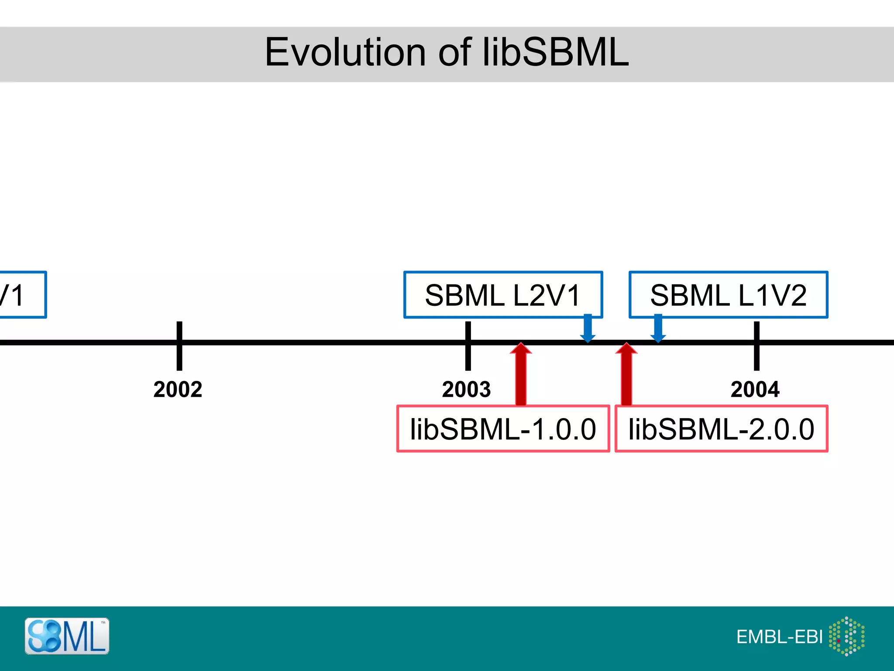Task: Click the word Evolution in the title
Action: tap(344, 52)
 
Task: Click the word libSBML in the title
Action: tap(555, 52)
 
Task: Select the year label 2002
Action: tap(178, 389)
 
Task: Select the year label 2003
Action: tap(466, 389)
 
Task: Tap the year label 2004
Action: tap(755, 389)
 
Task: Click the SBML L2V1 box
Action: tap(503, 295)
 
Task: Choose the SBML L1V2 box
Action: tap(728, 295)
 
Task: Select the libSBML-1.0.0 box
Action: tap(503, 429)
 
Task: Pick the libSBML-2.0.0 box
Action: tap(721, 429)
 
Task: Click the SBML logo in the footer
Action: tap(67, 636)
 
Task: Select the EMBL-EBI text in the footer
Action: tap(779, 637)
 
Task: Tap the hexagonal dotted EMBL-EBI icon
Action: tap(846, 636)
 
